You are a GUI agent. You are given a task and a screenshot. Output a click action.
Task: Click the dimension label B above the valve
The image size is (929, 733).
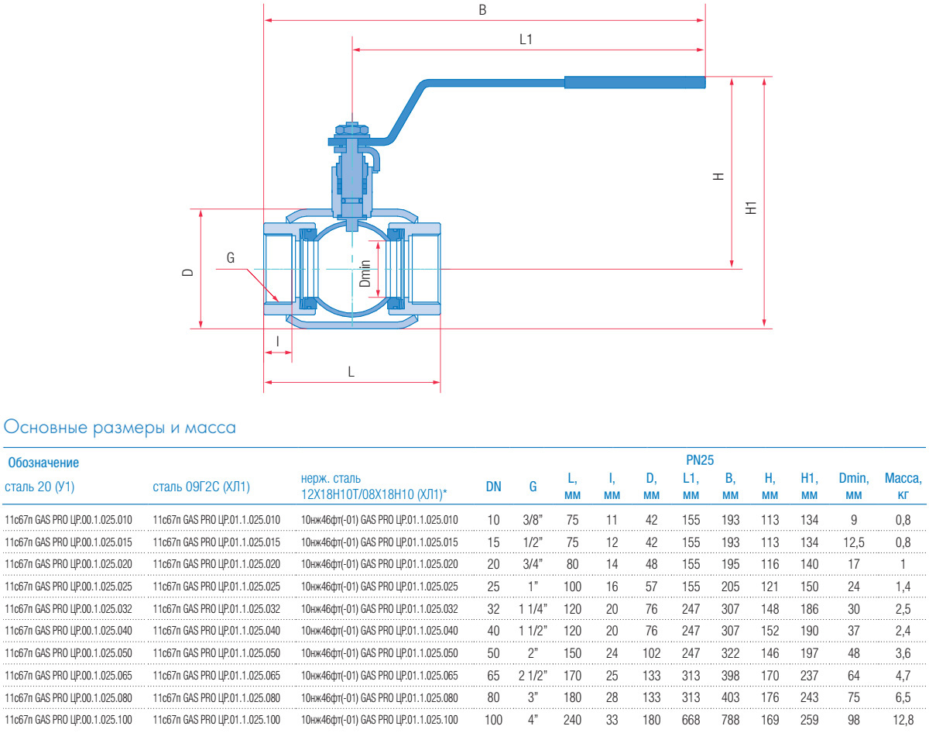coord(482,10)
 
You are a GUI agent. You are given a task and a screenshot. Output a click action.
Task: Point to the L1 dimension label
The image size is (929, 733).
coord(526,40)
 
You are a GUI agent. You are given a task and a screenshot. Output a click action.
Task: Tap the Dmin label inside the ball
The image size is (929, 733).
coord(365,274)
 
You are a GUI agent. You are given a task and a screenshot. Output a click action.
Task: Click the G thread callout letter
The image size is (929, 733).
coord(231,258)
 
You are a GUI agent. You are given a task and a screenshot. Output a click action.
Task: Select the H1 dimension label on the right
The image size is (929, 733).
coord(751,208)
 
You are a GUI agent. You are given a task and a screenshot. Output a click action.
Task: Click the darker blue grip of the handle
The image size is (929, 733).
coord(635,82)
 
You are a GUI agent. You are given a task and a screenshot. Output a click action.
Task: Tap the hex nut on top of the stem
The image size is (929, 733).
coord(351,129)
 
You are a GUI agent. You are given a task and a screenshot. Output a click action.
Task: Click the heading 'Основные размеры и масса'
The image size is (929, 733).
coord(119,428)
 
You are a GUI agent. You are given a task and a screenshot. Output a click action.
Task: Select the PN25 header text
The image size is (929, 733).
coord(700,460)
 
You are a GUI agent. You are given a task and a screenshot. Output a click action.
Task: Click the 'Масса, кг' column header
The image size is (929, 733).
coord(903,487)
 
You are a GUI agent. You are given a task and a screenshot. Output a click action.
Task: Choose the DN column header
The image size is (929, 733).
coord(493,487)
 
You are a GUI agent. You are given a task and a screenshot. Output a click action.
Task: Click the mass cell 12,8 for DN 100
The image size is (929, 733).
coord(903,720)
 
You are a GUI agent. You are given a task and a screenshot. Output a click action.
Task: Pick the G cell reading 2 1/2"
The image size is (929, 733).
coord(533,675)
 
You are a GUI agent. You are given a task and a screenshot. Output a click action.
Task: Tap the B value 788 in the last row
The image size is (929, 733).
coord(730,720)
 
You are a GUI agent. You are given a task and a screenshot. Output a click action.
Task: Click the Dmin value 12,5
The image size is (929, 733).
coord(854,542)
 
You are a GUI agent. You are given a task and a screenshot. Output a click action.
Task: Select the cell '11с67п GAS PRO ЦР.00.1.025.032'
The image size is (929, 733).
coord(69,609)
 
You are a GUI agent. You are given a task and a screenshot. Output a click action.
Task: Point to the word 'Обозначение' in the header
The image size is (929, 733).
coord(43,463)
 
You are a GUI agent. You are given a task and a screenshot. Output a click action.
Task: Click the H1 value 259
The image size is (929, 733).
coord(810,720)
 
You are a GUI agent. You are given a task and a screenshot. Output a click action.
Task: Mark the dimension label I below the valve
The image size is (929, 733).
coord(278,342)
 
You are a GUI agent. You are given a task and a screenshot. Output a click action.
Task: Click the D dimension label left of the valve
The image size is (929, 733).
coord(188,272)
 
